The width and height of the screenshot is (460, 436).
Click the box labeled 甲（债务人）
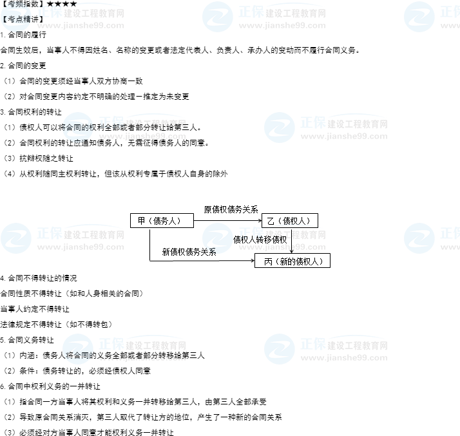click(162, 221)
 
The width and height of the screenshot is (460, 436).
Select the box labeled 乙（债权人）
click(289, 221)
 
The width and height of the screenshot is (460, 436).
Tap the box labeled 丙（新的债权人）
click(292, 261)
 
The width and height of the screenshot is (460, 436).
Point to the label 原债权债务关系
click(231, 209)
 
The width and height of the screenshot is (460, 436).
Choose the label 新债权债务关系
click(189, 252)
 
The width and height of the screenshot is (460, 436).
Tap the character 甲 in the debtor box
click(142, 221)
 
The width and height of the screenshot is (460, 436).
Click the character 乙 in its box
click(271, 221)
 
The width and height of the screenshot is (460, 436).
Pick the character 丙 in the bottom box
click(268, 261)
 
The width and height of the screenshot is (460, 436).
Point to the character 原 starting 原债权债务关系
click(207, 209)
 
